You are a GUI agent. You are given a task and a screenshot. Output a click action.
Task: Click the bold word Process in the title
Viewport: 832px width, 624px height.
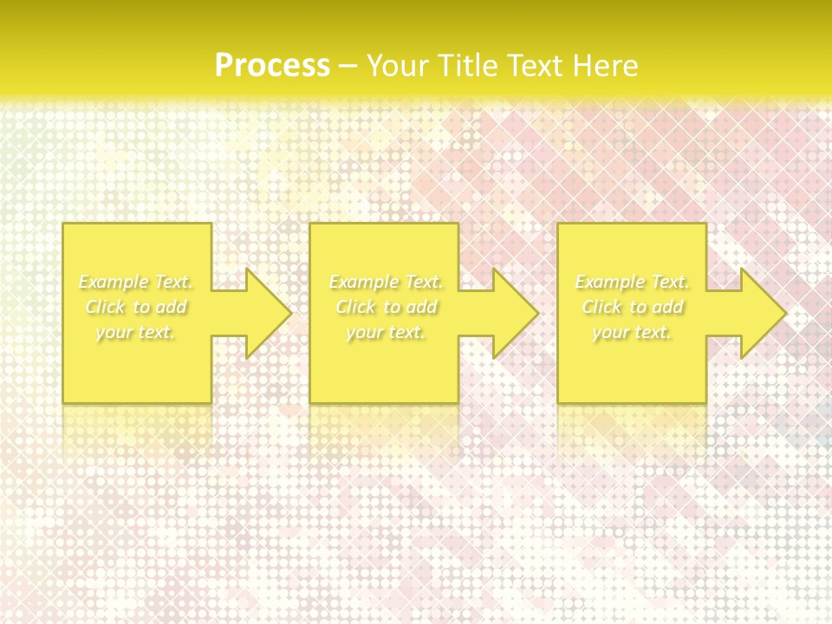click(x=272, y=66)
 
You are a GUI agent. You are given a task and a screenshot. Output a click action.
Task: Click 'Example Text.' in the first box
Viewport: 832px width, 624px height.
click(x=135, y=282)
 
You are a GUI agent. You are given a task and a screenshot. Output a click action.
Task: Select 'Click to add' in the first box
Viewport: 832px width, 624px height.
click(x=136, y=307)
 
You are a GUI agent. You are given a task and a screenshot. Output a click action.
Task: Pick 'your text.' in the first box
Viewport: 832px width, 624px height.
click(x=135, y=332)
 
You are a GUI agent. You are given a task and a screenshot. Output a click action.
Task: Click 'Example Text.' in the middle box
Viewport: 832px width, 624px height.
click(x=386, y=282)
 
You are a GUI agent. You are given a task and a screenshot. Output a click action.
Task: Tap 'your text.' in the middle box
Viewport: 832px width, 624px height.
click(x=386, y=332)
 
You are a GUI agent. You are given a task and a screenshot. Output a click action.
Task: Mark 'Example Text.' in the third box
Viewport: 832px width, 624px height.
click(x=632, y=282)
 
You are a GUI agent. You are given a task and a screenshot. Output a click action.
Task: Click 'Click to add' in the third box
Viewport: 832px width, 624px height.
click(x=633, y=307)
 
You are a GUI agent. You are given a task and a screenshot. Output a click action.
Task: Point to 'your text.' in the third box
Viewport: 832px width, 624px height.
click(x=632, y=332)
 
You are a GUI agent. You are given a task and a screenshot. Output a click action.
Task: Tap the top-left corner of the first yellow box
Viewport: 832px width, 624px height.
click(x=63, y=224)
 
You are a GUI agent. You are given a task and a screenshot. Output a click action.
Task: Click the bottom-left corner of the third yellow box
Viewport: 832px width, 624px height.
click(x=558, y=402)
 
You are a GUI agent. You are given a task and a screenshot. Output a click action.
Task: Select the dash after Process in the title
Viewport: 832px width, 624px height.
click(x=348, y=67)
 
